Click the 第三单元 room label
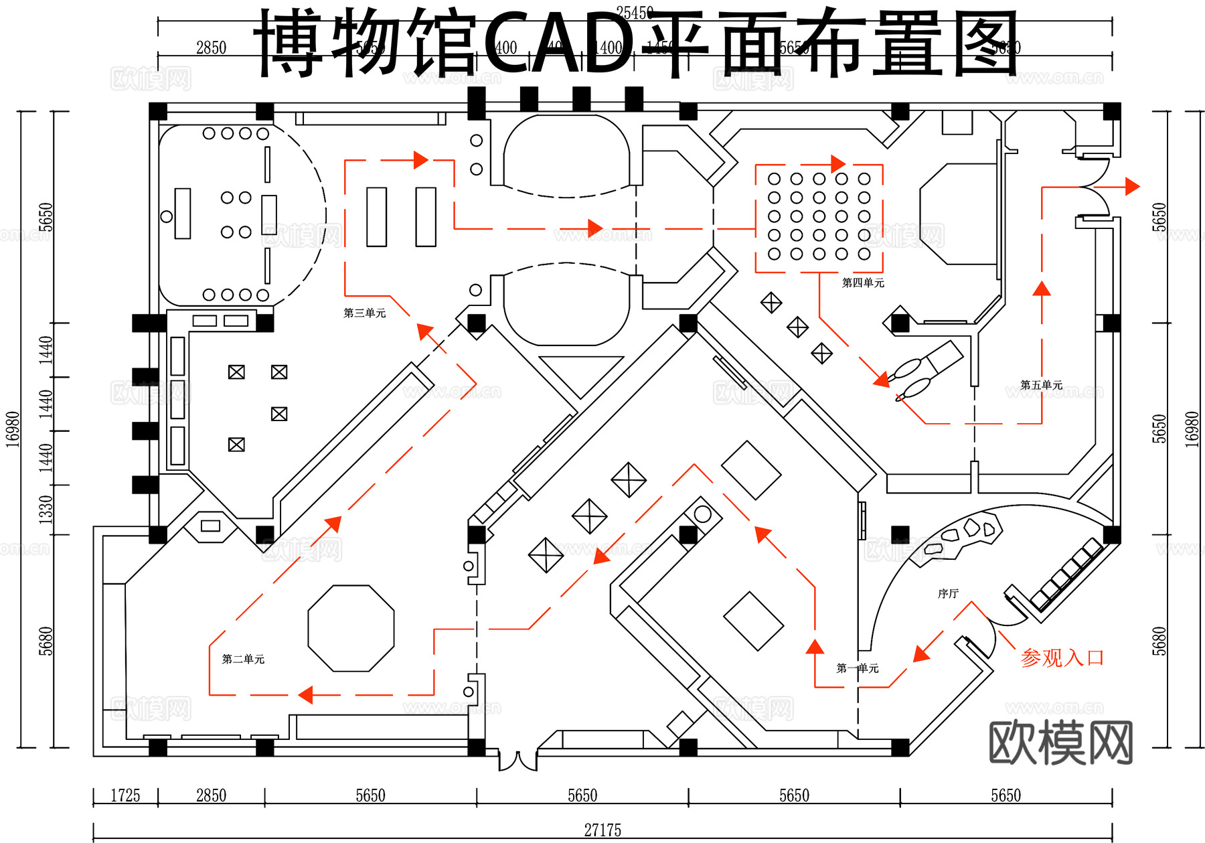(364, 313)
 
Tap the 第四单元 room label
(863, 283)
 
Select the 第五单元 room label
(1041, 385)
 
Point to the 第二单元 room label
(243, 659)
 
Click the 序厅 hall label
(948, 593)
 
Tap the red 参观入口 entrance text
(1062, 658)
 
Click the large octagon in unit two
(351, 628)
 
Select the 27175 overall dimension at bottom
(602, 830)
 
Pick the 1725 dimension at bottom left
(125, 795)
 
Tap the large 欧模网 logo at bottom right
(1060, 742)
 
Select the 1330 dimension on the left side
(45, 510)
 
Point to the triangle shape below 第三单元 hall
(580, 374)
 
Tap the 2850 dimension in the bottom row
(211, 795)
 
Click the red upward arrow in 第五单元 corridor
(1042, 289)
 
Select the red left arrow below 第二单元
(305, 695)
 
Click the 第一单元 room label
(858, 668)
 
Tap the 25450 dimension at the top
(635, 13)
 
